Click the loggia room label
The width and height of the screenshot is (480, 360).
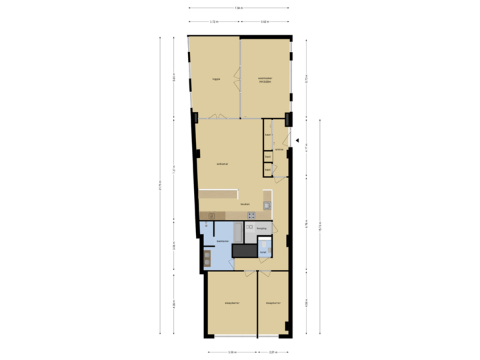pos(216,79)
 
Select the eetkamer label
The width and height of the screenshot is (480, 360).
pos(223,164)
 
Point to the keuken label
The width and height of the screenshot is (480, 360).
pos(245,204)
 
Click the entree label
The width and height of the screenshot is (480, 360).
pos(280,149)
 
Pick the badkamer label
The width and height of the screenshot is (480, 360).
pos(223,241)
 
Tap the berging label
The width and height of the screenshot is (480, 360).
pos(261,228)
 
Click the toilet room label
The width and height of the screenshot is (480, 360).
pos(263,253)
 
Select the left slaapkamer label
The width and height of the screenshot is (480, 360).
pos(231,303)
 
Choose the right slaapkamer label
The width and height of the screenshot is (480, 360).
pos(273,303)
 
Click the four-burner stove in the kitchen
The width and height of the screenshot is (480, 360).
pos(251,215)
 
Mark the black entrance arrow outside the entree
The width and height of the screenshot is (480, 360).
pos(298,141)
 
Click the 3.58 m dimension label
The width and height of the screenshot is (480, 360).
pos(231,351)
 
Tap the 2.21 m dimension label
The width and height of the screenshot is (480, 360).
pos(273,351)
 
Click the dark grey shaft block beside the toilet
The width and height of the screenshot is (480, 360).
pos(244,250)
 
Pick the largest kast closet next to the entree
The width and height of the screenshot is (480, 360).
pos(267,135)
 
